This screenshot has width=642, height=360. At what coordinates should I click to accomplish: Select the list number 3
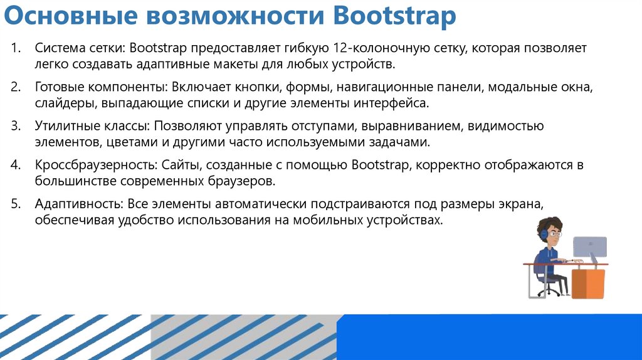16,126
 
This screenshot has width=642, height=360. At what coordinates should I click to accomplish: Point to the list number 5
16,204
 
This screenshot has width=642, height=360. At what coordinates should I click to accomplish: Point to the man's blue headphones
542,233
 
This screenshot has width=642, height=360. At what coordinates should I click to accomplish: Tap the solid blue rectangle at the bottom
489,337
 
